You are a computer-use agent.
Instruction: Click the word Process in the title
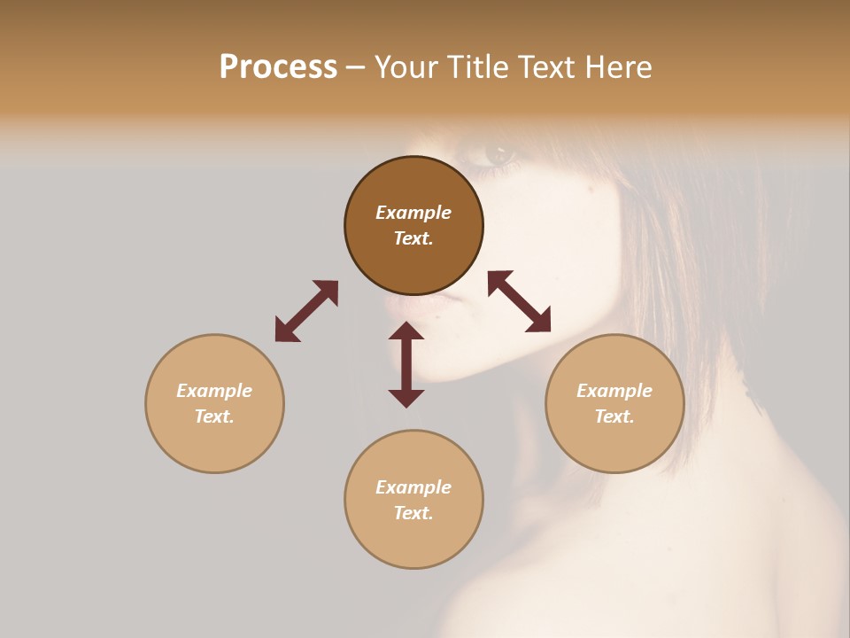point(278,66)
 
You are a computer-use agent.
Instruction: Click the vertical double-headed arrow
point(406,364)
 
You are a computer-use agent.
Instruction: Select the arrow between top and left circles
point(306,311)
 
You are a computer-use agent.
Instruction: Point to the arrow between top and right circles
point(520,301)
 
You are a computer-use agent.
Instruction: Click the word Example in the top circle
point(413,213)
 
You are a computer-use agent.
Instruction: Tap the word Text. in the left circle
point(214,416)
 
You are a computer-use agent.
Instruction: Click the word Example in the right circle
point(614,391)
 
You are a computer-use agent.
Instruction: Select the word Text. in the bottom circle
point(413,513)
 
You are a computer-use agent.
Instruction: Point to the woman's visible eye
point(498,154)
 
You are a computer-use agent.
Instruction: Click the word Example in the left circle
point(214,391)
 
